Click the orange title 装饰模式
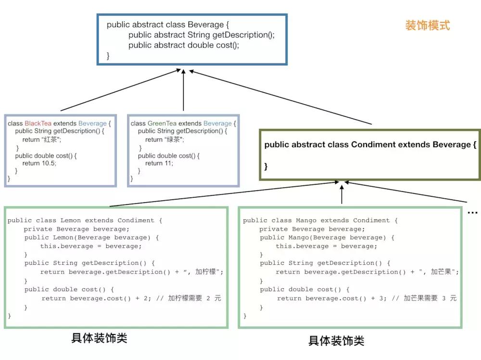click(427, 25)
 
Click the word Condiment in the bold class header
click(373, 145)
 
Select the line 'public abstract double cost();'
click(184, 45)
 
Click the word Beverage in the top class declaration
click(206, 25)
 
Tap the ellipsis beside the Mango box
click(472, 212)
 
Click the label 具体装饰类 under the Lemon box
click(99, 338)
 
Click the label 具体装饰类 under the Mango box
click(336, 341)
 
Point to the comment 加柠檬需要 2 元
click(194, 298)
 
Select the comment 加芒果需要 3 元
click(430, 298)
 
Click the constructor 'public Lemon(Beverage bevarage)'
click(91, 238)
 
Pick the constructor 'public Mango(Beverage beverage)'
click(327, 238)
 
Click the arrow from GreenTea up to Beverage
click(183, 91)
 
